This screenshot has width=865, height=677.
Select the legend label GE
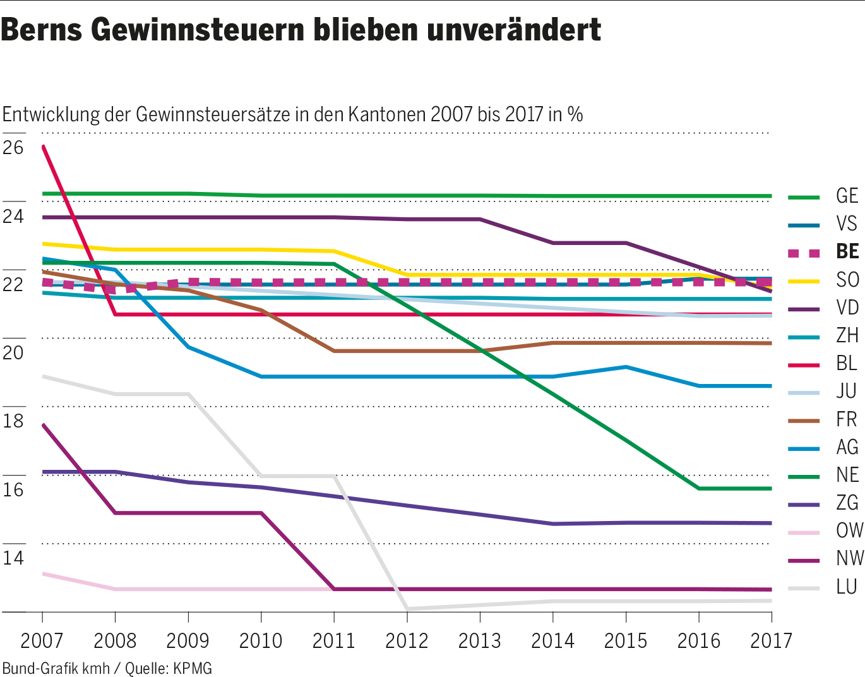[847, 196]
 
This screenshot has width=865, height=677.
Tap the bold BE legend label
[847, 251]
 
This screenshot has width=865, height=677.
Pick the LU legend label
[847, 587]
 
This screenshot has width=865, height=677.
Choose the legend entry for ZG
[847, 503]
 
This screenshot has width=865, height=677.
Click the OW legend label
[849, 530]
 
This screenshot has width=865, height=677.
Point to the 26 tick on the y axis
[13, 148]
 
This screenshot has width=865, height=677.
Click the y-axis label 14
[13, 558]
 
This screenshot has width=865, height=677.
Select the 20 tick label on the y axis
[13, 353]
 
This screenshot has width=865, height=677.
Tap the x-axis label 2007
[42, 640]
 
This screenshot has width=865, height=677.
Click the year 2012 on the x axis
[407, 640]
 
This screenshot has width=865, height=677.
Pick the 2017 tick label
[771, 640]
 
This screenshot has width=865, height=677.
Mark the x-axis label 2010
[261, 640]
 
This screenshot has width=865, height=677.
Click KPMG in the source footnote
[193, 668]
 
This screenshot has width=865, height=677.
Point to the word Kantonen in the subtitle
[386, 114]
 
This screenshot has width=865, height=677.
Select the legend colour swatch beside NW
[804, 560]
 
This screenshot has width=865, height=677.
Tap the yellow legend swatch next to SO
[804, 280]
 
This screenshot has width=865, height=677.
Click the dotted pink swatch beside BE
[804, 253]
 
